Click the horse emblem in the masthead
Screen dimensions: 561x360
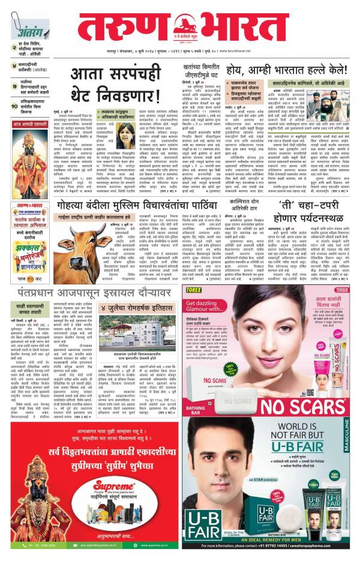pyautogui.click(x=186, y=25)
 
